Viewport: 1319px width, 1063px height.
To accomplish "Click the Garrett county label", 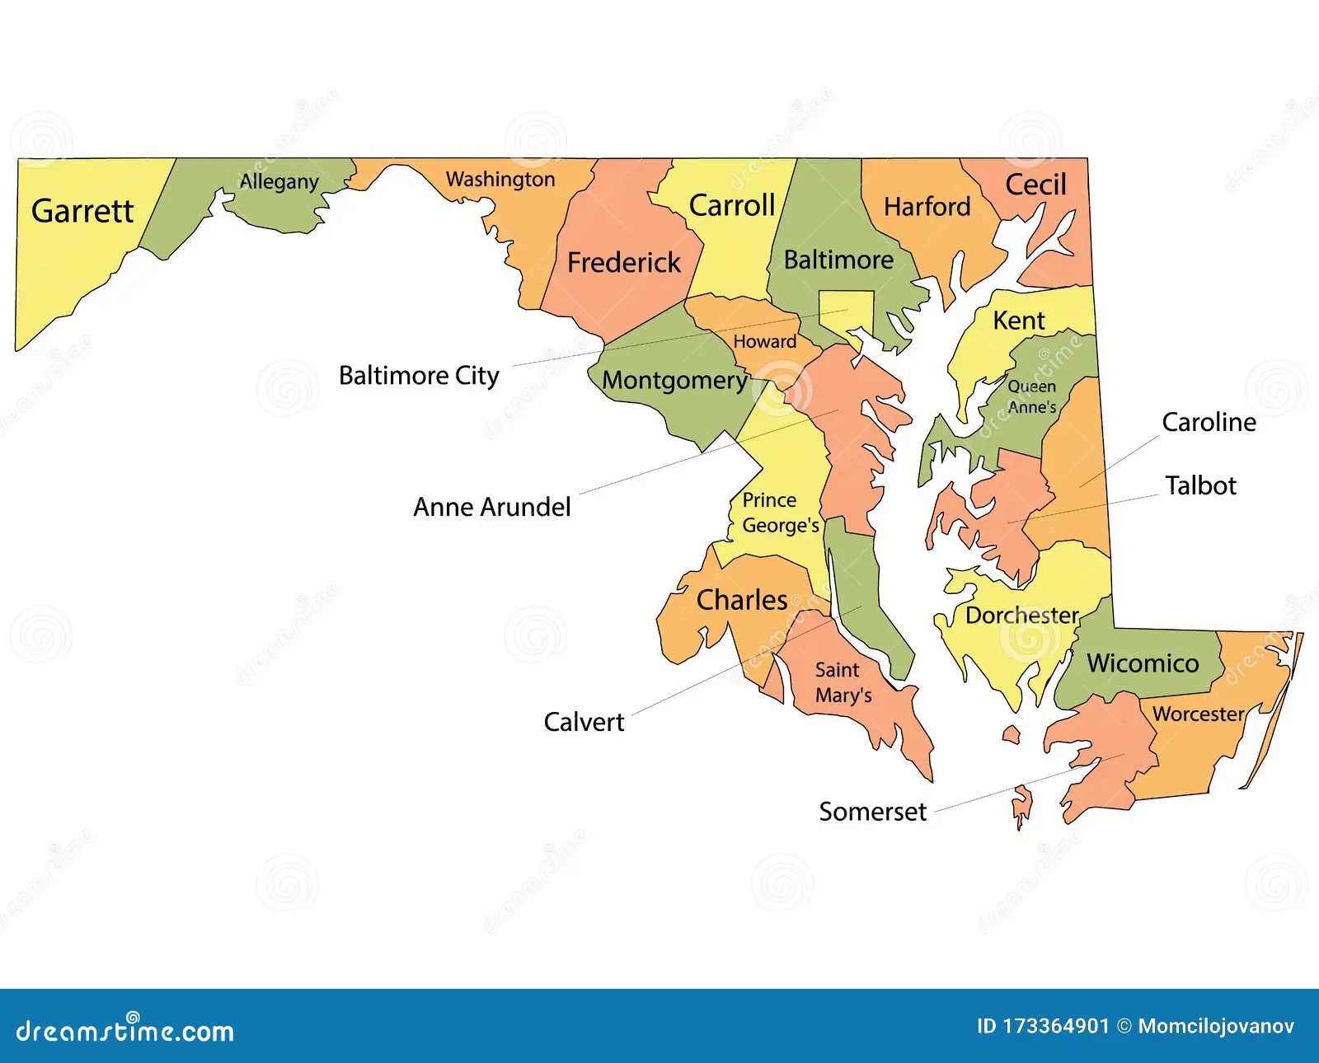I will click(82, 211).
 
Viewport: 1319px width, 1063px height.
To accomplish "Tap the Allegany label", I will click(279, 181).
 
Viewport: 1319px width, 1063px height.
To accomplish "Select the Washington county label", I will click(500, 179).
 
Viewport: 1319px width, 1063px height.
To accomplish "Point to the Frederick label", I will click(624, 262).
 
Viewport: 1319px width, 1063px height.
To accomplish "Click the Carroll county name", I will click(732, 205).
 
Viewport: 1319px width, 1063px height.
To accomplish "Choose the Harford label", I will click(927, 206).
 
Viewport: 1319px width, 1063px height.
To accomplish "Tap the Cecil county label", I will click(1035, 185).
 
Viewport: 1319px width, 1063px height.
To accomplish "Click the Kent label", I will click(1019, 320).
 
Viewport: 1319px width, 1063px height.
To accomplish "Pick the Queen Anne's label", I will click(1032, 396).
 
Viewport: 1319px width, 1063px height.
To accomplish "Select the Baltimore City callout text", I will click(419, 376).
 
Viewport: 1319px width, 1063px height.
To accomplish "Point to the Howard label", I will click(765, 341).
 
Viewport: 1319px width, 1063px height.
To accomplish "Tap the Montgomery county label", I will click(674, 380).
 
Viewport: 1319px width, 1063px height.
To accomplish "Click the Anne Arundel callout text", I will click(491, 507).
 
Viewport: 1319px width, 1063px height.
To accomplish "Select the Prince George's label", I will click(780, 513).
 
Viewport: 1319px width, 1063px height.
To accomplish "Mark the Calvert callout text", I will click(584, 722).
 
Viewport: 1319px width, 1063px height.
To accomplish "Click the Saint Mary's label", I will click(843, 682).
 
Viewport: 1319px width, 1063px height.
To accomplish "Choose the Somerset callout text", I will click(872, 812).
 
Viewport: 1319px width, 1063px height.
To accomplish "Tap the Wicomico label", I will click(1143, 663).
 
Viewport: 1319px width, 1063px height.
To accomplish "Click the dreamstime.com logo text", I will click(125, 1031).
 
